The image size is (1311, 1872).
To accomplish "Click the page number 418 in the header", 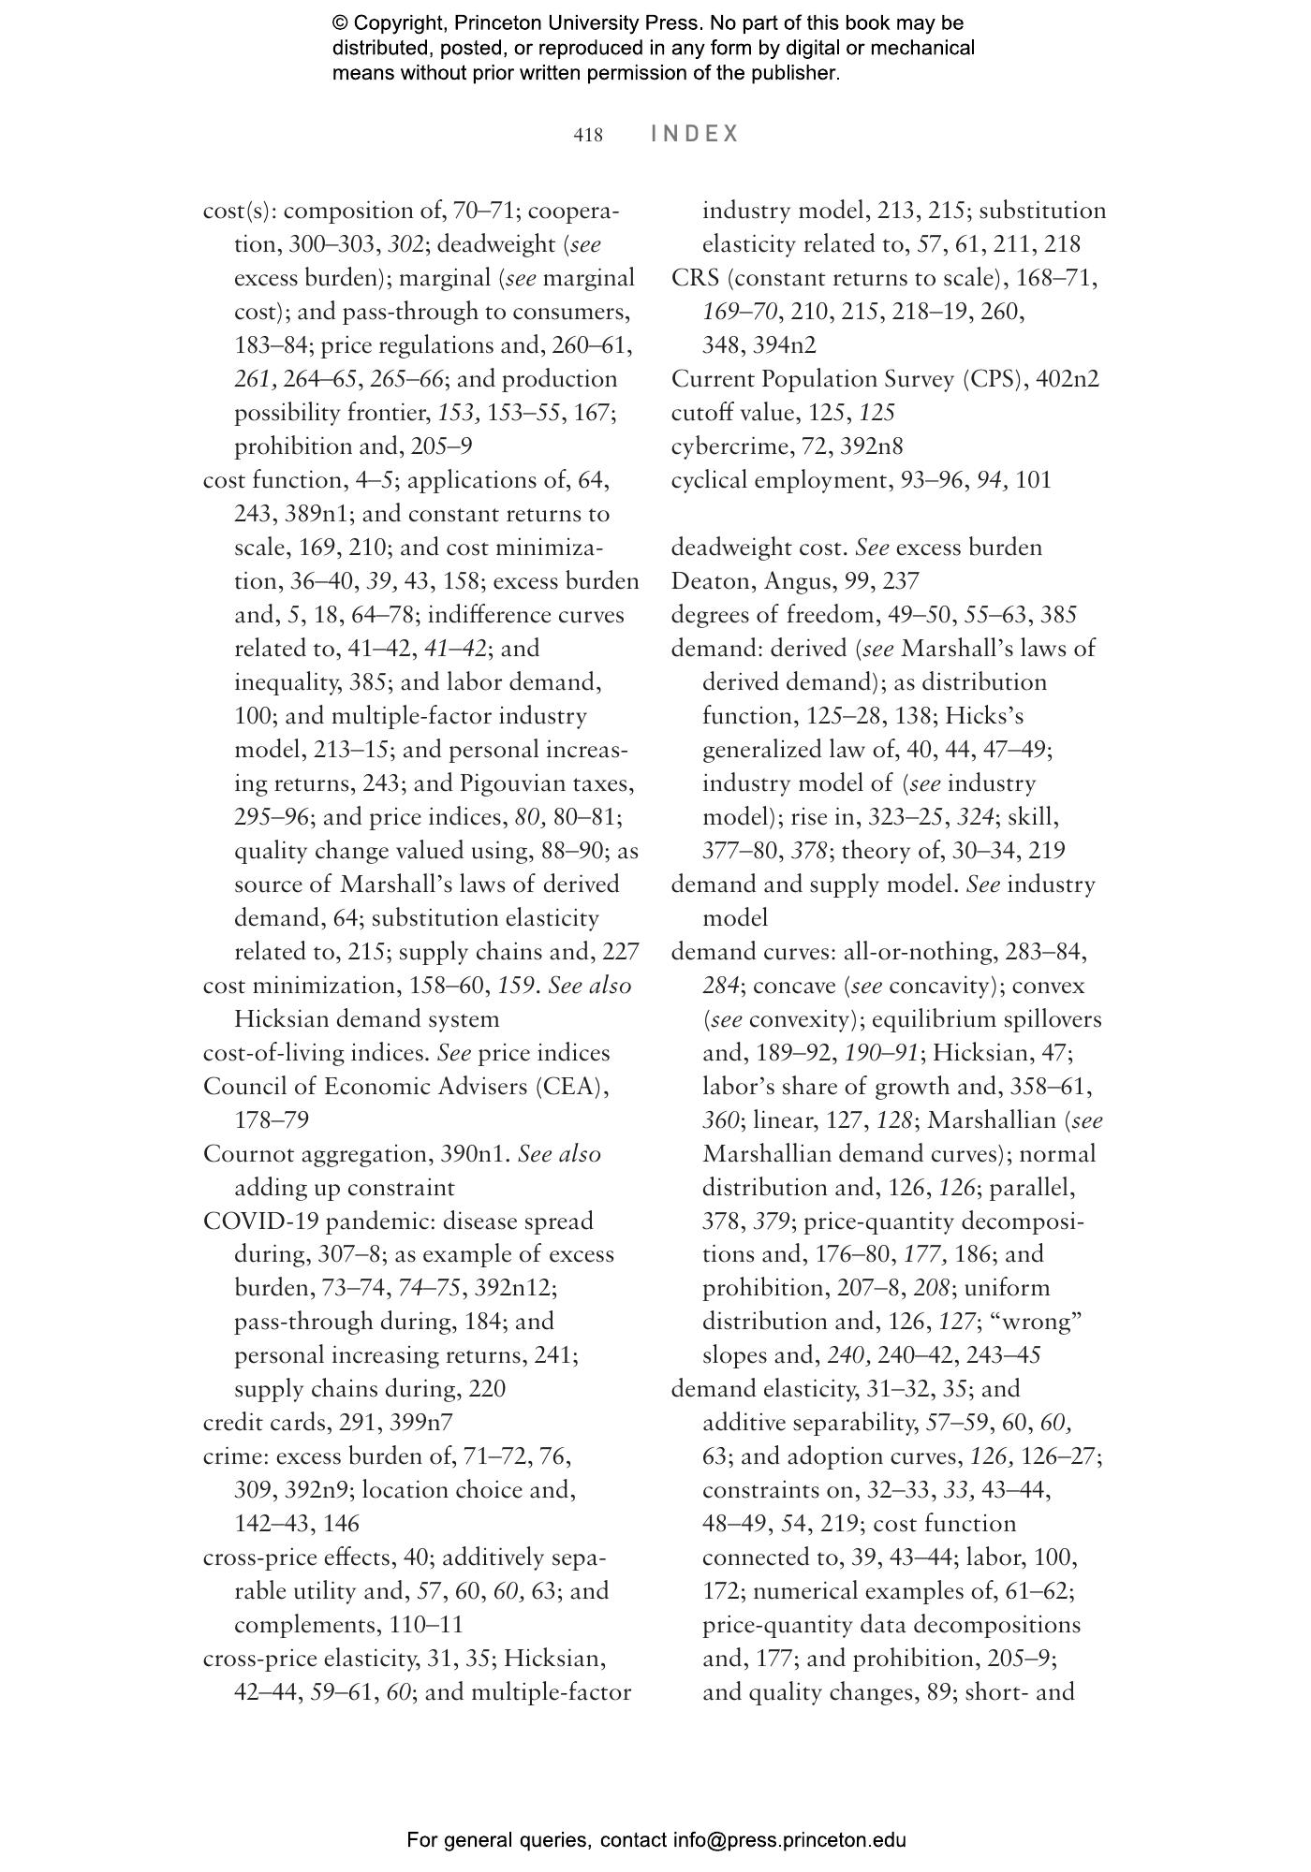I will click(x=588, y=135).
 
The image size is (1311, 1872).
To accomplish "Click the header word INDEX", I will click(x=695, y=134).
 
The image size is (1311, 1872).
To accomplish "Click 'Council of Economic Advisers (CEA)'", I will click(x=405, y=1086).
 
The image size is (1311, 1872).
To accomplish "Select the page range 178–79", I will click(x=271, y=1119).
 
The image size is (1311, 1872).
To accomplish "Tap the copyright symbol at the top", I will click(x=340, y=23).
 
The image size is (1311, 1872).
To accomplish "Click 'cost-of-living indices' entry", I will click(x=316, y=1052).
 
